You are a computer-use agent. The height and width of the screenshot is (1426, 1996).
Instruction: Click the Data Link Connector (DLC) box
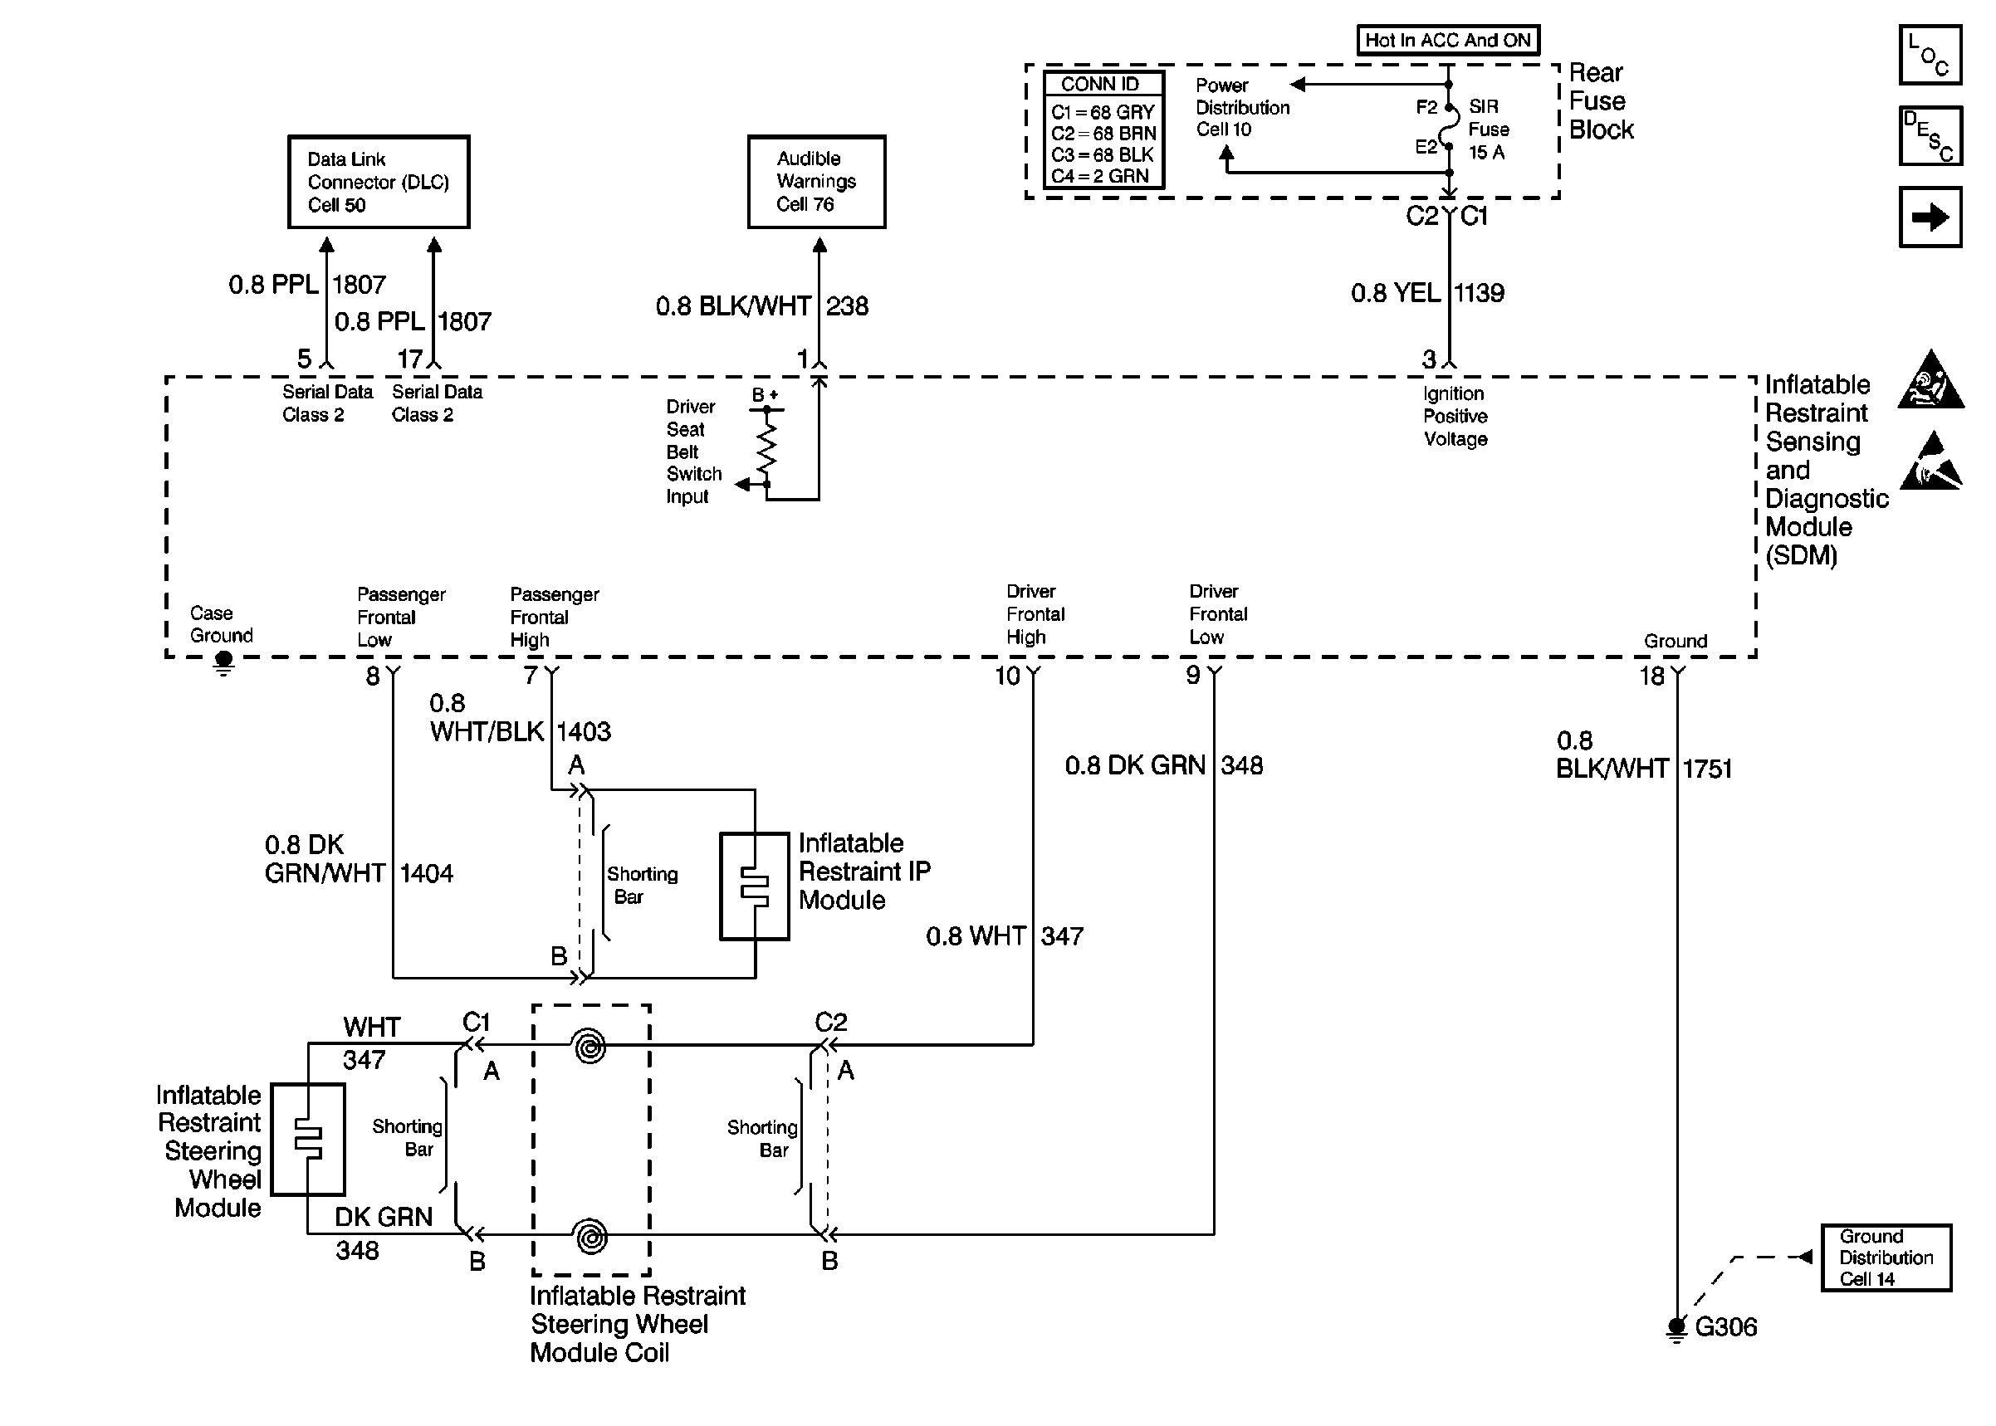(x=379, y=182)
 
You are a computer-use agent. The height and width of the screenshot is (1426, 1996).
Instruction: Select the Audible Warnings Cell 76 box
(x=816, y=182)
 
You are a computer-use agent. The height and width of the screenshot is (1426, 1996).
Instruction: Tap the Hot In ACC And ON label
(x=1447, y=41)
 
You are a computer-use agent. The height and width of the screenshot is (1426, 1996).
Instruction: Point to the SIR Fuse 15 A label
(x=1489, y=129)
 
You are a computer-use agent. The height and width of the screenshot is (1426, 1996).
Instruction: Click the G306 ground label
(x=1725, y=1326)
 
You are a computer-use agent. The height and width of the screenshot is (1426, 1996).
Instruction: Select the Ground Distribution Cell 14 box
(x=1886, y=1258)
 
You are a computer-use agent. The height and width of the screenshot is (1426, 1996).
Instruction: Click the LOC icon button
(x=1930, y=56)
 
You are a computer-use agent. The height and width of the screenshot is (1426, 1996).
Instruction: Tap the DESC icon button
(x=1930, y=136)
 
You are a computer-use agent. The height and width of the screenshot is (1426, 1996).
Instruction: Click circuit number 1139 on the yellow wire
(x=1480, y=293)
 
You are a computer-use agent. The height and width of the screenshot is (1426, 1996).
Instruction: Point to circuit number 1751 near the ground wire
(x=1708, y=769)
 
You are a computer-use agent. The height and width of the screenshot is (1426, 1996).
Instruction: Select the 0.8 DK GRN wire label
(x=1134, y=765)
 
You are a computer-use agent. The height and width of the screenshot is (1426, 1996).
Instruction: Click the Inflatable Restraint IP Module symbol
(x=755, y=886)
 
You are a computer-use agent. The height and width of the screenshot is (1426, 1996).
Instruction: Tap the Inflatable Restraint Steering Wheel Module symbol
(x=307, y=1139)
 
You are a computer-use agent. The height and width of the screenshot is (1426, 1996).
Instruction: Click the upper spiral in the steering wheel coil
(x=590, y=1047)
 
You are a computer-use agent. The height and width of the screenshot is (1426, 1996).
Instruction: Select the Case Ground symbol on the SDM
(x=223, y=662)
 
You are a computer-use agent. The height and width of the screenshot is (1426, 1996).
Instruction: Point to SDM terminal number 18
(x=1651, y=676)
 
